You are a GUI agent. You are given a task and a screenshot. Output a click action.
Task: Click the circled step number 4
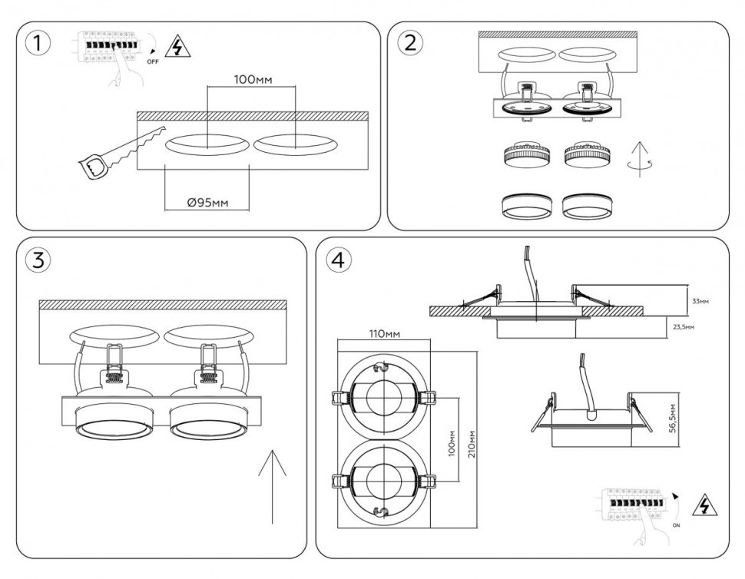coord(339,260)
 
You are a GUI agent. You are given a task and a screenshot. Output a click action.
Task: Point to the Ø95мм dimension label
coord(207,203)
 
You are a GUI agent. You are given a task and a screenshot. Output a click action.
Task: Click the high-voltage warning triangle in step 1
coord(179,48)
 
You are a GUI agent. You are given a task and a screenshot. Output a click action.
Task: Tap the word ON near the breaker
coord(676,527)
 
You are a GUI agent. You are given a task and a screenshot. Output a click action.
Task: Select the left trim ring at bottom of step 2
coord(526,206)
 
